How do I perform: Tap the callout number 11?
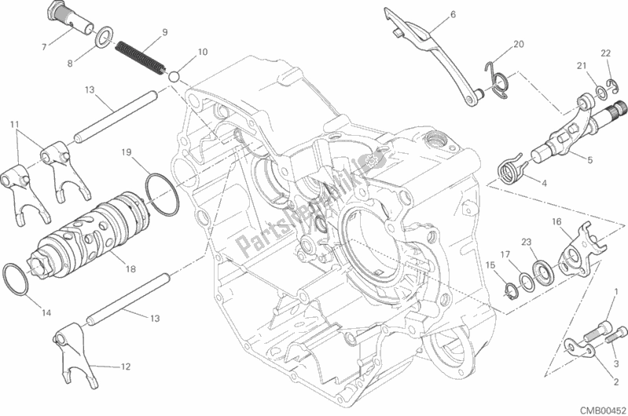(15, 124)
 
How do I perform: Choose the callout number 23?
(527, 243)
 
